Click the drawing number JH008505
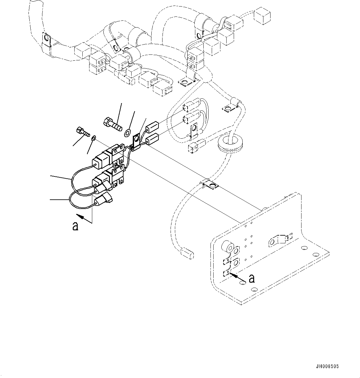coord(327,367)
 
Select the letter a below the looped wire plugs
coord(75,226)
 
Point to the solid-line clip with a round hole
coord(136,141)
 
